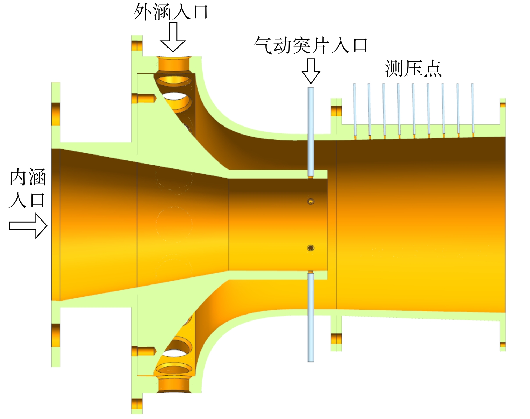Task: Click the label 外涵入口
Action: tap(171, 12)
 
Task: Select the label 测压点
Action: tap(413, 68)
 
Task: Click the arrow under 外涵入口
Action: tap(173, 37)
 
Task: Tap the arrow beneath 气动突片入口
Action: tap(311, 71)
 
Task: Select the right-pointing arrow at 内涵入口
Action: tap(28, 226)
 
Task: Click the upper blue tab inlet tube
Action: tap(311, 132)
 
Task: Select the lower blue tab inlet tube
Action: tap(311, 318)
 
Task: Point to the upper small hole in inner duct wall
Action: tap(310, 201)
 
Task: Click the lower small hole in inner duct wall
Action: tap(310, 248)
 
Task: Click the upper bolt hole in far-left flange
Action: tap(56, 114)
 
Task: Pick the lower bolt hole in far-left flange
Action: tap(56, 335)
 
